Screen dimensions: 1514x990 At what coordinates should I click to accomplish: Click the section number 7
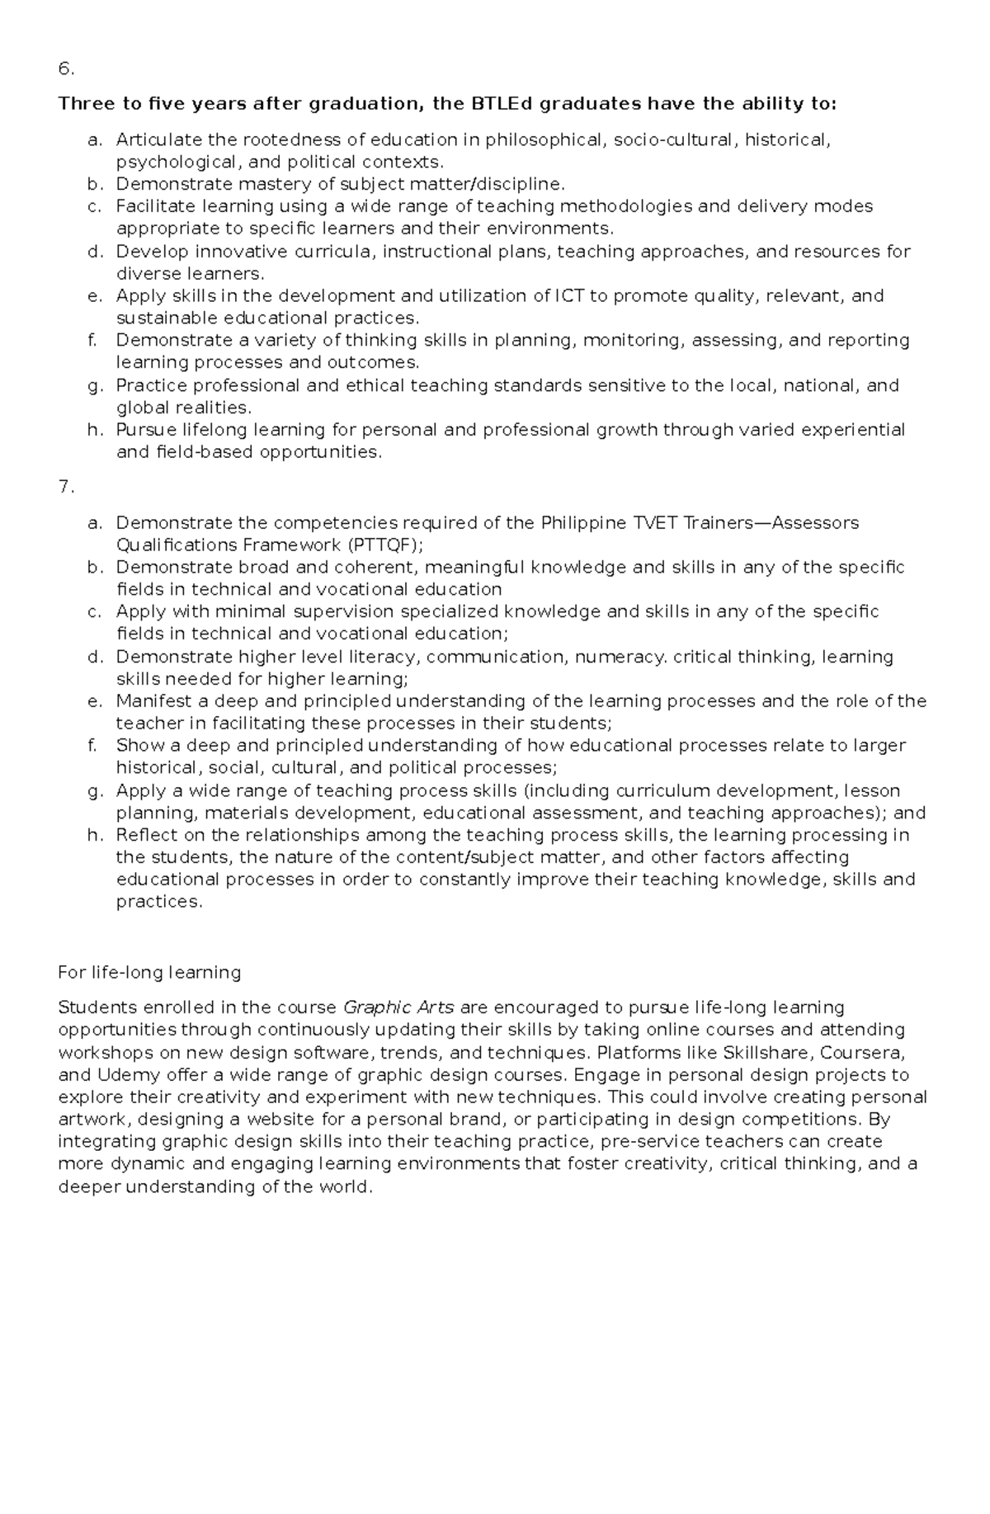(65, 487)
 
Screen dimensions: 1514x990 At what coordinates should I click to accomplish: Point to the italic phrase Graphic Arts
(398, 1007)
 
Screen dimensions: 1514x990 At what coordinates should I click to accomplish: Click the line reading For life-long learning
(149, 973)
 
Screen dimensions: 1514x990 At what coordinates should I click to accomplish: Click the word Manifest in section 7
(151, 701)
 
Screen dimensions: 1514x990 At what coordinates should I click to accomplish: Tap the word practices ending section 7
(157, 902)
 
